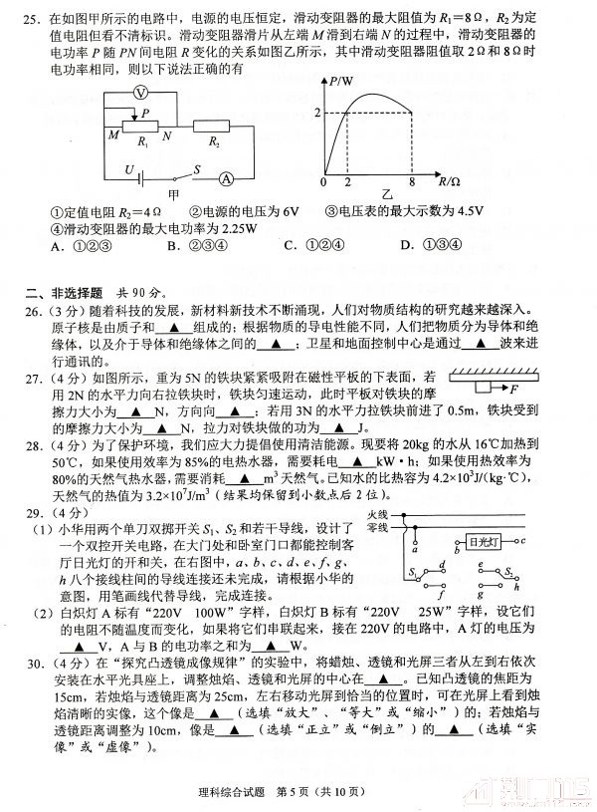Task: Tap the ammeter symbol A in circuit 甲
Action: point(227,179)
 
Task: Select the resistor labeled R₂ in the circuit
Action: point(214,130)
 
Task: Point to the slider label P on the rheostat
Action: point(146,113)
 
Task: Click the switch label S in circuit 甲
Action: point(198,170)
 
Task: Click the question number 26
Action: point(34,309)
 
